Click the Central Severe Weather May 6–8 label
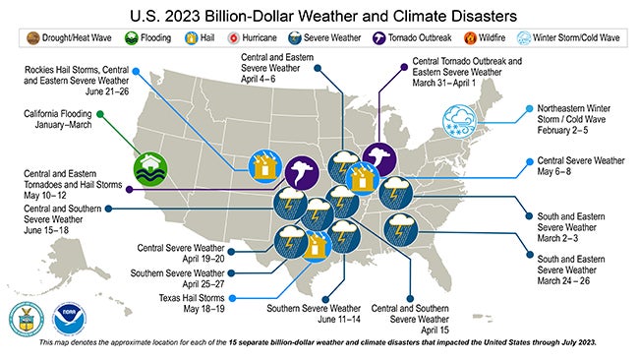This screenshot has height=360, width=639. tap(581, 163)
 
